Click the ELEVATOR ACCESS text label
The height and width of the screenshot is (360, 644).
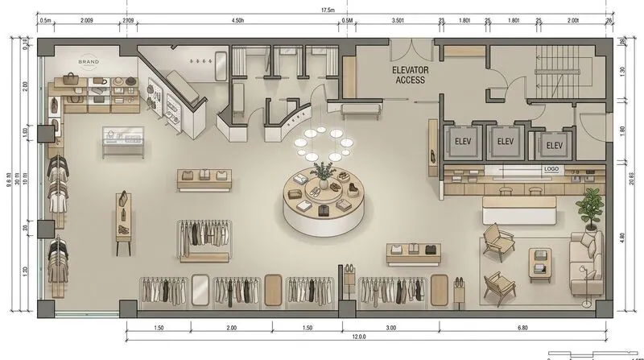411,75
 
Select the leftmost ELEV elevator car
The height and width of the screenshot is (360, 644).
463,142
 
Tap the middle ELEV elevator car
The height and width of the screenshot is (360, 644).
505,142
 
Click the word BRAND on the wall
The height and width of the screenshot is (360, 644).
89,61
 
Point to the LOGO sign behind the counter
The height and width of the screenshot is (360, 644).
551,169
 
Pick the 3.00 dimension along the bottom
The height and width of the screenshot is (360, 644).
390,329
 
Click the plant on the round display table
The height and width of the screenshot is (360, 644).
324,172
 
